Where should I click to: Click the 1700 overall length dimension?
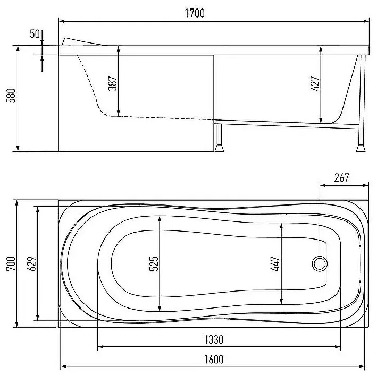195,13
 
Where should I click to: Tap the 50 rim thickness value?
35,34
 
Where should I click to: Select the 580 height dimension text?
11,96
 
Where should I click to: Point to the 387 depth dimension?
112,83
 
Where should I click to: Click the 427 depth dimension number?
315,83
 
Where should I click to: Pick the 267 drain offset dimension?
342,178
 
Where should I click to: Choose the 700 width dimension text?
11,263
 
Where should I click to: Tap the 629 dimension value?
31,263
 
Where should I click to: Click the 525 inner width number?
154,263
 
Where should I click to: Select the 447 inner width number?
275,263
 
